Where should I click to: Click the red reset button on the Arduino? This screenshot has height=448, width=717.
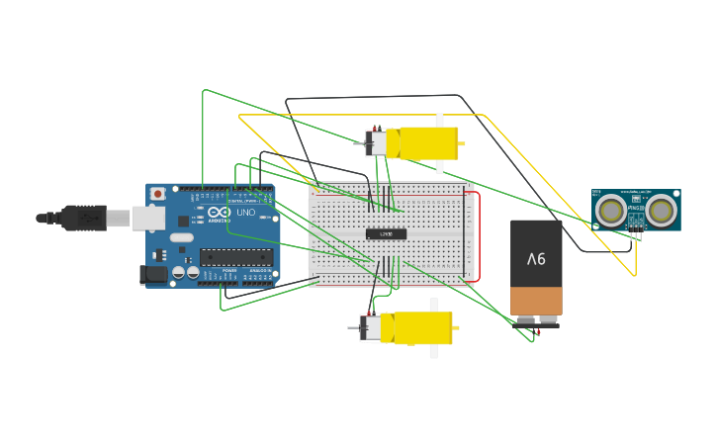pos(156,194)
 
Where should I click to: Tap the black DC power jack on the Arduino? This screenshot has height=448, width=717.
pos(153,274)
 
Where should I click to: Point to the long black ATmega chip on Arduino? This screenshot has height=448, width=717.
pos(235,257)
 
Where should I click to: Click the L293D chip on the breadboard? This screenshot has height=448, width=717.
pos(386,234)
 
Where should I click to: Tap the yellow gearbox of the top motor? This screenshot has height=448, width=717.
pos(427,143)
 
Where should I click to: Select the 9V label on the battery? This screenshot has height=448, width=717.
pos(536,259)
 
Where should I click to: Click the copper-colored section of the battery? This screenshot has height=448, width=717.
pos(536,300)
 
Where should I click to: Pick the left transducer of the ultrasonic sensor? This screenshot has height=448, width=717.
pos(611,210)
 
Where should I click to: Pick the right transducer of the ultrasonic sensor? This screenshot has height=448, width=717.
pos(662,210)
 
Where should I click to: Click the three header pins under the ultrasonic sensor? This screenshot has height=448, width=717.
pos(636,234)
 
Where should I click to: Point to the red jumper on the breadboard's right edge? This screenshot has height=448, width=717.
pos(479,237)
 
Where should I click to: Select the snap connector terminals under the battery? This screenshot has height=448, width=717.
pos(536,320)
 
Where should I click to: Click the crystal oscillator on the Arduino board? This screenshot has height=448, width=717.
pos(181,237)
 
